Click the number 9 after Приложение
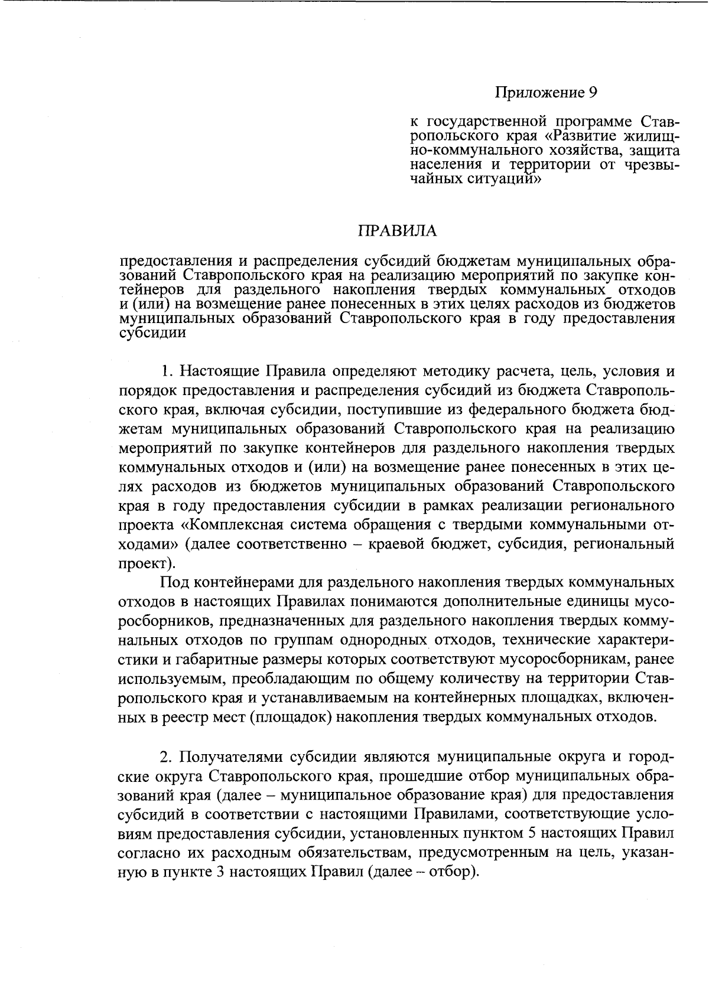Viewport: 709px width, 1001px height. (x=593, y=93)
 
